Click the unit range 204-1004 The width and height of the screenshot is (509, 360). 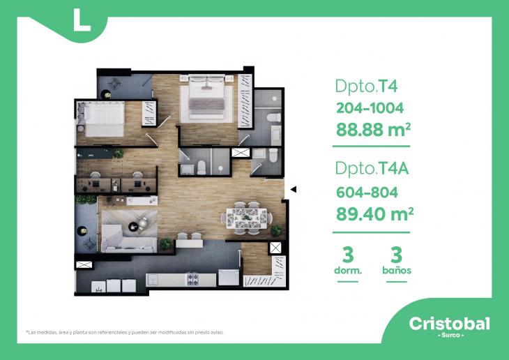pyautogui.click(x=369, y=108)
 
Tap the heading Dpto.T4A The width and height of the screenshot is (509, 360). pyautogui.click(x=371, y=168)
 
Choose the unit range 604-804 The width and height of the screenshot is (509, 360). pyautogui.click(x=366, y=192)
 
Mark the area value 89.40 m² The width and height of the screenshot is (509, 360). pyautogui.click(x=374, y=213)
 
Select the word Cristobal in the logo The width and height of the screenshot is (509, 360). pyautogui.click(x=448, y=323)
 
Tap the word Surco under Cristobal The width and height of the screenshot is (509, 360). pyautogui.click(x=448, y=336)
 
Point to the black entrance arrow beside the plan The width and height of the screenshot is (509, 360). pyautogui.click(x=294, y=189)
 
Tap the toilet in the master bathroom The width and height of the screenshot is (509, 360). pyautogui.click(x=276, y=116)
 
